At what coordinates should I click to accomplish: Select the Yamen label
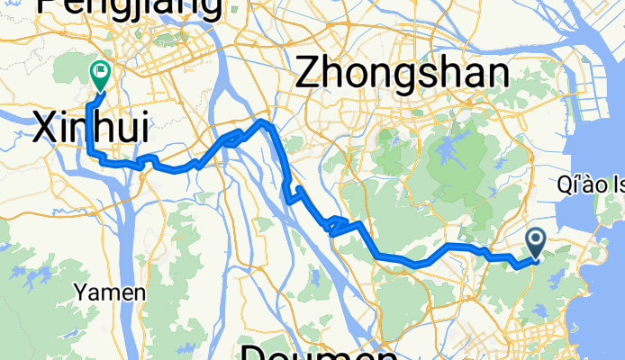(x=111, y=292)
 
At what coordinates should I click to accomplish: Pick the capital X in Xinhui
(x=44, y=129)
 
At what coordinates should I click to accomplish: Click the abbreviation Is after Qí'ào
(x=617, y=186)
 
